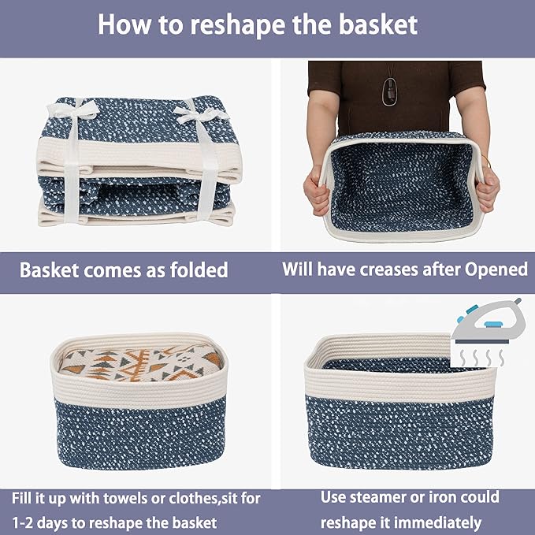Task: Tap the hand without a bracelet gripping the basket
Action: [x=317, y=190]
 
